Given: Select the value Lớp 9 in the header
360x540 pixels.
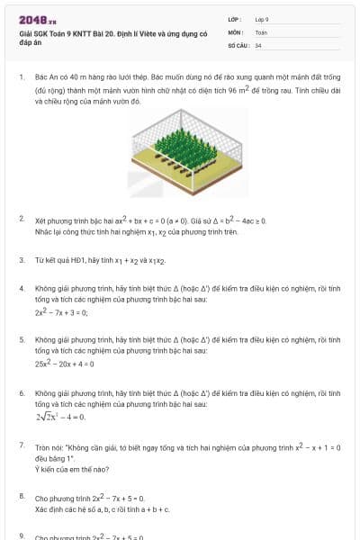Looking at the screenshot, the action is click(262, 19).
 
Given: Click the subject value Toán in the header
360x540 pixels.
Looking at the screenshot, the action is click(261, 31).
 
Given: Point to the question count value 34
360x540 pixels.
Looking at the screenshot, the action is click(258, 45).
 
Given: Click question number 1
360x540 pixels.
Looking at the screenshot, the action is click(22, 78).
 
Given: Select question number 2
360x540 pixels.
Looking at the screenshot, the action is click(22, 219).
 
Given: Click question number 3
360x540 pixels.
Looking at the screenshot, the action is click(22, 259).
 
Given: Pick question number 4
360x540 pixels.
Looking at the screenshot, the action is click(22, 288).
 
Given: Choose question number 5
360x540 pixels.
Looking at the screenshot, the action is click(22, 339).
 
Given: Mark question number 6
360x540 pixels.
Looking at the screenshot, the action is click(22, 393).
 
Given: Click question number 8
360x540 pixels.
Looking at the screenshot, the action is click(22, 496).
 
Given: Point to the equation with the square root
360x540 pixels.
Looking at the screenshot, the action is click(60, 417).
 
